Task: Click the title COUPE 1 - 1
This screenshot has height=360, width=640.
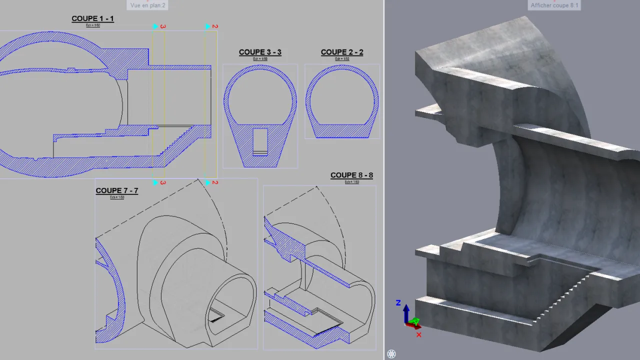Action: click(x=92, y=19)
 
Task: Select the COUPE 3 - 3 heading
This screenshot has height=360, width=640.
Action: click(x=260, y=52)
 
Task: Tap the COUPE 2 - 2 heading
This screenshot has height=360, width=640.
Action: click(x=342, y=52)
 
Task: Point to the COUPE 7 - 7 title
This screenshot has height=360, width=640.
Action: click(x=116, y=191)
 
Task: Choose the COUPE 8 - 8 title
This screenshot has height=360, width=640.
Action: click(x=351, y=175)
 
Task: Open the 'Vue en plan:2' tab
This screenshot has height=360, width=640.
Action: click(x=148, y=5)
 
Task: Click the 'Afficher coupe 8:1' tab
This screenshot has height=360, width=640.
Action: click(x=554, y=5)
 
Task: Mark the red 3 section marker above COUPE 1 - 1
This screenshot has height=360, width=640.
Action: click(x=163, y=26)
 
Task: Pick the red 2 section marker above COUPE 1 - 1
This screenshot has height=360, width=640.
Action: click(x=215, y=26)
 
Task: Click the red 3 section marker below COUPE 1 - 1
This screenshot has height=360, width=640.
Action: click(x=163, y=182)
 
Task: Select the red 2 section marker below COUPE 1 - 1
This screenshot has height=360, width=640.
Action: click(x=215, y=182)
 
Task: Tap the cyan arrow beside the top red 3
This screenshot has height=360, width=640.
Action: click(x=155, y=26)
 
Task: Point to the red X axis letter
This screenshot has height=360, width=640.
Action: click(x=418, y=334)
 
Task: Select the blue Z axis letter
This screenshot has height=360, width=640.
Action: click(x=398, y=302)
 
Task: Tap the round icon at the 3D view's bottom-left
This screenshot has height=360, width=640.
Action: click(x=391, y=354)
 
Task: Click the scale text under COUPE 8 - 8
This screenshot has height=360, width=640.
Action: click(x=351, y=182)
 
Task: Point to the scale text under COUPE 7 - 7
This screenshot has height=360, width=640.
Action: click(x=116, y=197)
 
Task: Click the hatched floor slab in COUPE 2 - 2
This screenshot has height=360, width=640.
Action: click(x=342, y=131)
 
